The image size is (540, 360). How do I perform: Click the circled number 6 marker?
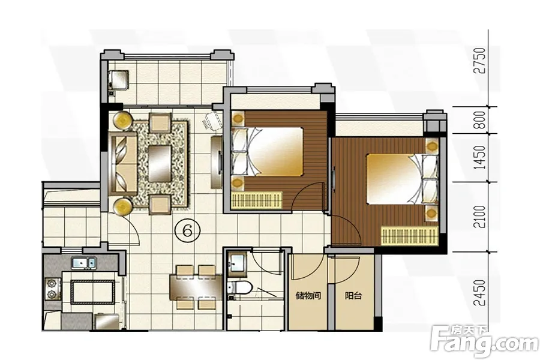point(187,231)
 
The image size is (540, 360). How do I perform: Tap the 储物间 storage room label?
point(308,296)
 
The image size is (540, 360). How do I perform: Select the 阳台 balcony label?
point(353,296)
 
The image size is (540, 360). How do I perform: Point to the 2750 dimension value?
point(480,60)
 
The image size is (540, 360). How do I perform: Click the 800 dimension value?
point(480,119)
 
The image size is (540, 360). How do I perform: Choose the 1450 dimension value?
point(480,157)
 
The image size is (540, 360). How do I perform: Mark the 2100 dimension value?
point(480,217)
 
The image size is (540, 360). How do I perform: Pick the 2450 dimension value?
point(480,293)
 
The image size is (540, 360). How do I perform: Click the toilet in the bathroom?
point(239,287)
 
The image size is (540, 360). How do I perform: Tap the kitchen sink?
point(84,263)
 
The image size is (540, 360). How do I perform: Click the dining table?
point(195,286)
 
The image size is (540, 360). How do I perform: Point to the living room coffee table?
point(160,163)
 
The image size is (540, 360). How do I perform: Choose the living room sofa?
point(122,163)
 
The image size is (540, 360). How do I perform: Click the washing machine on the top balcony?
point(119,80)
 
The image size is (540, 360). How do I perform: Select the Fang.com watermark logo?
point(485,340)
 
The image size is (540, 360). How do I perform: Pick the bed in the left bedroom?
point(267,152)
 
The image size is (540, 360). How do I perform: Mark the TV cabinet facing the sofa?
point(217,162)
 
